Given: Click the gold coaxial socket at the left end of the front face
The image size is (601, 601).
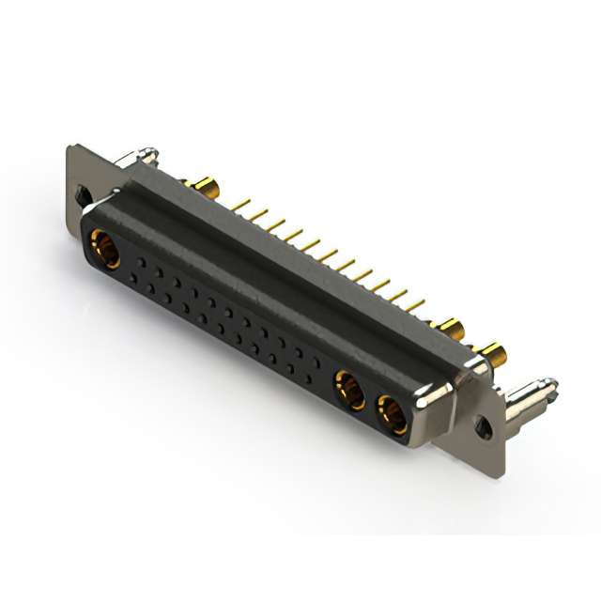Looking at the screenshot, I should pyautogui.click(x=105, y=251).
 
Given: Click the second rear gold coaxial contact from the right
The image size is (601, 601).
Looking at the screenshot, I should pyautogui.click(x=452, y=330).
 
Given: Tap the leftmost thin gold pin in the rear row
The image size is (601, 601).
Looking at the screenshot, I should pyautogui.click(x=237, y=203).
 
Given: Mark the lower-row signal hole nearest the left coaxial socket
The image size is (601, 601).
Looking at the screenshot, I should pyautogui.click(x=136, y=279).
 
